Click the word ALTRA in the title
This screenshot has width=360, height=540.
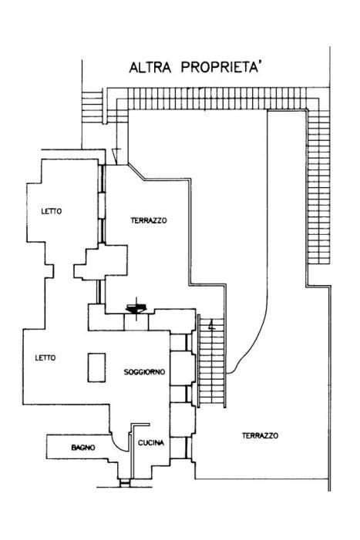click(150, 68)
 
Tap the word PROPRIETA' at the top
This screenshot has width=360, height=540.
click(220, 67)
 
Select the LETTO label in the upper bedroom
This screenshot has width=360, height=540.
click(52, 211)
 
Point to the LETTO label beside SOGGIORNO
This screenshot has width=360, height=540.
click(45, 358)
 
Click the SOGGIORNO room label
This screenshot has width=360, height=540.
click(144, 372)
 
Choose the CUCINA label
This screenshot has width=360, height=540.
click(151, 443)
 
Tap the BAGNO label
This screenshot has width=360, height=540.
click(83, 448)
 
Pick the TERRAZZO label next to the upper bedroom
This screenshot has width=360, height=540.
click(149, 220)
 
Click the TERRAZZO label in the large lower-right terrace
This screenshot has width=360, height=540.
click(260, 436)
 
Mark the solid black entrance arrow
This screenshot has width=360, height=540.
click(136, 308)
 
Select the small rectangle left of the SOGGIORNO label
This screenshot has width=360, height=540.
click(96, 367)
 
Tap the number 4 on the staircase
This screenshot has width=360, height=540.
click(212, 325)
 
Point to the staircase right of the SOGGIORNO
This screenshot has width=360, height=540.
click(212, 361)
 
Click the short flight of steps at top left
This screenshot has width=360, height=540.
click(93, 106)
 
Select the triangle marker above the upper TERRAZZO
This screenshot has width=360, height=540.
click(116, 156)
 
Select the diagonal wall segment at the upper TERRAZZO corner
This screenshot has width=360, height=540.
click(136, 172)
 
